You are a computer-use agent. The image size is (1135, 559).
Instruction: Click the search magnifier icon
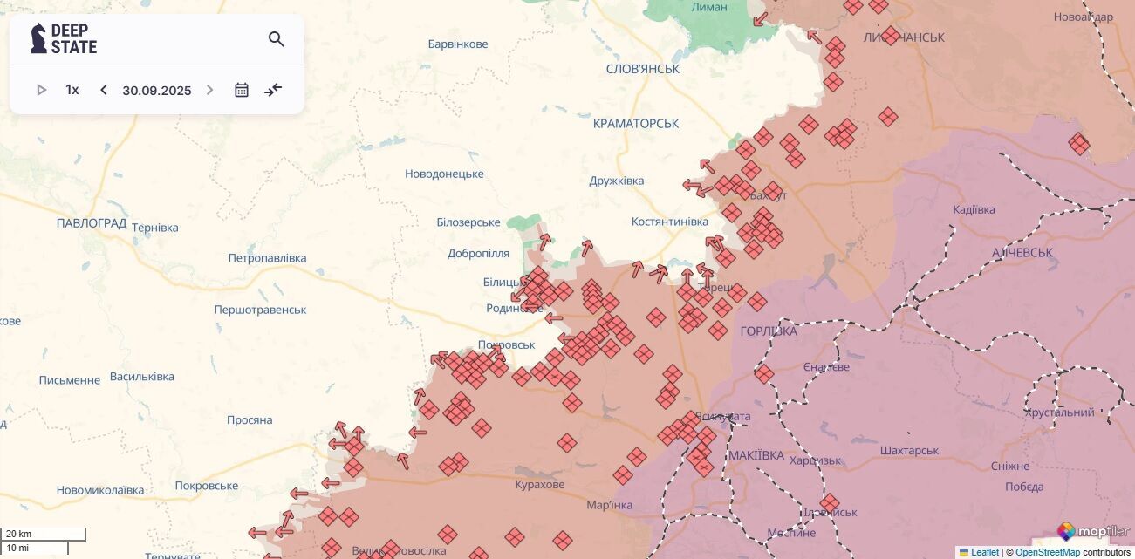(277, 39)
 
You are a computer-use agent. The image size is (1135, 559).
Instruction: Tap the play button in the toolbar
(41, 90)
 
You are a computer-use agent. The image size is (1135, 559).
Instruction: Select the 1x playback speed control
(72, 90)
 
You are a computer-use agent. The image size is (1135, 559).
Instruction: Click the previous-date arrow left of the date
(103, 90)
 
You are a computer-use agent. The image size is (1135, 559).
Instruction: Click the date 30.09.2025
(157, 90)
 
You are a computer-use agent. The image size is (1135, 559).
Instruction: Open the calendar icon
(242, 90)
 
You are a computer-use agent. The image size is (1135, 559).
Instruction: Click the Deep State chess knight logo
(38, 38)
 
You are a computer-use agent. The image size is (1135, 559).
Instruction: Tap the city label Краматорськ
(635, 124)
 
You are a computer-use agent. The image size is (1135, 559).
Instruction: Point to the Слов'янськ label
(642, 69)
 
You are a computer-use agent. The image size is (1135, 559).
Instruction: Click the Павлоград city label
(92, 223)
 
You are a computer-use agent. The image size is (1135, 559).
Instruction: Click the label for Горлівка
(768, 331)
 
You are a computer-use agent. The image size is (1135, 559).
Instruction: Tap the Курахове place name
(540, 485)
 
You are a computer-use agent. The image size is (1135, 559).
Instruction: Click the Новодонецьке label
(444, 174)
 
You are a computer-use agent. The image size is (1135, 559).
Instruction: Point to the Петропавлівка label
(267, 258)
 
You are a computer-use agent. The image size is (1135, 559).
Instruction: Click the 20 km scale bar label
(18, 534)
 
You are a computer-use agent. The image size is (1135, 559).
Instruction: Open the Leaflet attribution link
(984, 552)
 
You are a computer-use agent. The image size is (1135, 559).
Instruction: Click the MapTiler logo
(1093, 531)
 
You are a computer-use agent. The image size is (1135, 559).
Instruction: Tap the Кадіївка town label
(974, 210)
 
